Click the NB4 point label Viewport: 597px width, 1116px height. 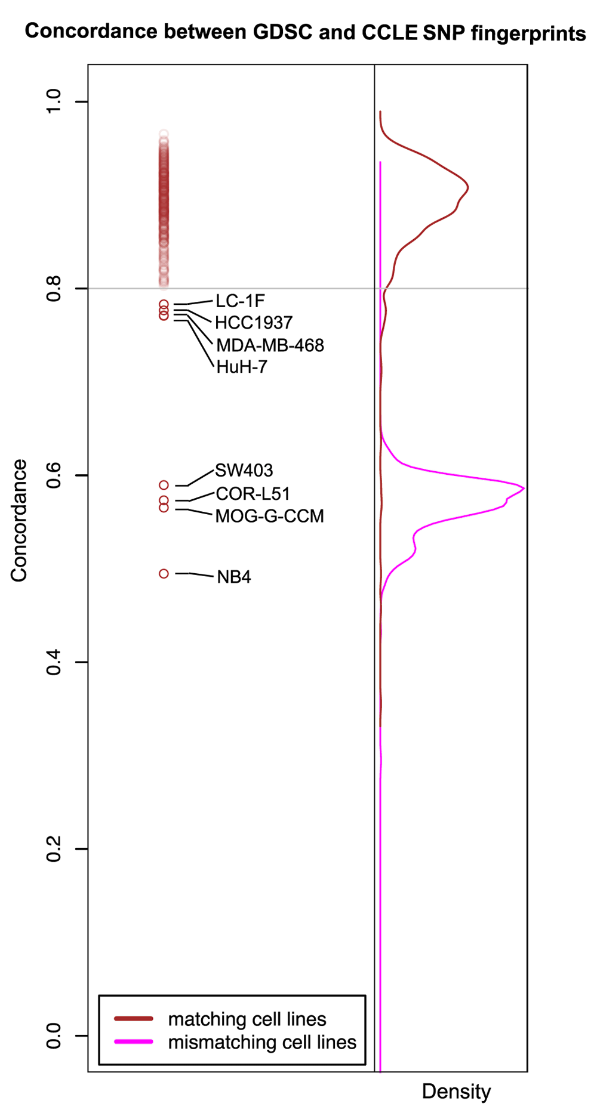pos(233,577)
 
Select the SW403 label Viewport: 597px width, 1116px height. pos(244,471)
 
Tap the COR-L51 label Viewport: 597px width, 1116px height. pos(253,494)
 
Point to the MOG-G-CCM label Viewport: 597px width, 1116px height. pos(269,516)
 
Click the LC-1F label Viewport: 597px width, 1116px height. pos(240,301)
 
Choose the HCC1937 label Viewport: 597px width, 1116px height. pos(254,323)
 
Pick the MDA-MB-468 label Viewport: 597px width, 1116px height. pos(270,345)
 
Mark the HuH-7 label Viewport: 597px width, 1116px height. pos(241,367)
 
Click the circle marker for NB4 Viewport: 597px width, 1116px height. pos(164,574)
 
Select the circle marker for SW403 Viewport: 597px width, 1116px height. pos(164,486)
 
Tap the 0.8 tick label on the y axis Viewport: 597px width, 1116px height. pos(54,289)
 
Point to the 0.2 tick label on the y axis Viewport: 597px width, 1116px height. pos(54,849)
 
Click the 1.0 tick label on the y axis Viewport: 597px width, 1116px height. pos(54,101)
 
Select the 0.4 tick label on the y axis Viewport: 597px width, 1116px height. pos(54,662)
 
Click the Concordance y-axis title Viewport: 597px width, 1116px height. pos(19,520)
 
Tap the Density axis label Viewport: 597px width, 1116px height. pos(456,1092)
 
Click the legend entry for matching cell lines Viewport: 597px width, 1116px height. pos(247,1019)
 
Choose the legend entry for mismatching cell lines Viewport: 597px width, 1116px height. pos(261,1042)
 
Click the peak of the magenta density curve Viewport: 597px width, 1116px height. pos(524,489)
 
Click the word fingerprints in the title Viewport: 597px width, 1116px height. pos(528,34)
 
